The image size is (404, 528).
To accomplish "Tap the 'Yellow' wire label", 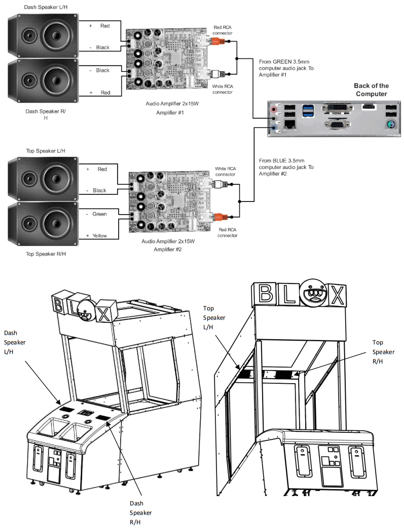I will (x=99, y=235).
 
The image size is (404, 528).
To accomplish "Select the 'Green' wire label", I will (x=99, y=214).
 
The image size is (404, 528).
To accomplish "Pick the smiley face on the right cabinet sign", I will (x=312, y=294).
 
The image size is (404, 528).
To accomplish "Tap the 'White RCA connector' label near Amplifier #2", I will (x=225, y=171).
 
